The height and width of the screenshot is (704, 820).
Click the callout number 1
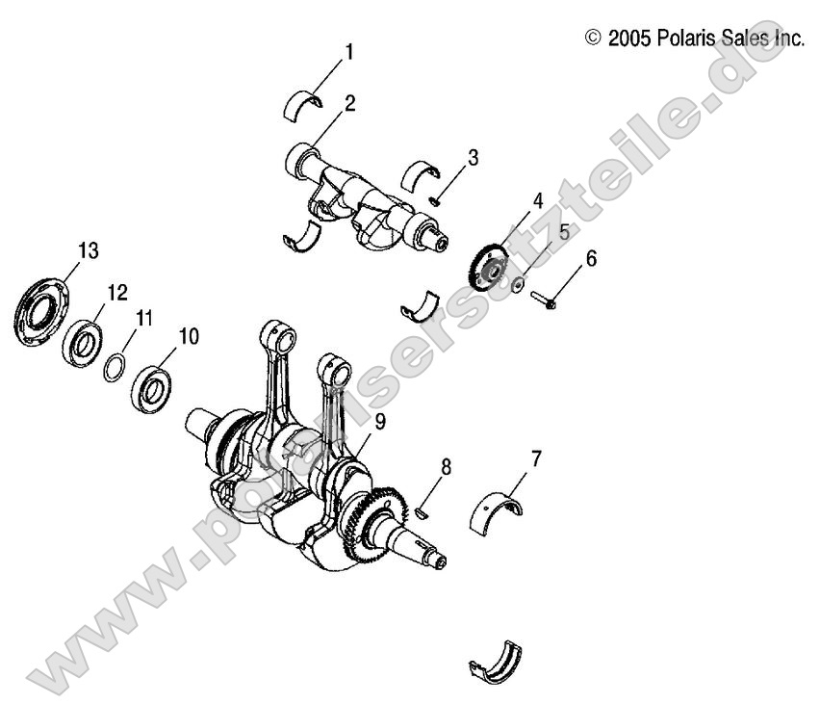pos(349,52)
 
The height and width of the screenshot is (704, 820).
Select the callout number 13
pos(88,251)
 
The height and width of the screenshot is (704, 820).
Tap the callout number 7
pos(535,458)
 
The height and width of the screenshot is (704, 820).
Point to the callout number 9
pos(354,420)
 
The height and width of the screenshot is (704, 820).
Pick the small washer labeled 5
pos(518,284)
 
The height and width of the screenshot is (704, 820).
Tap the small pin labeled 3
pos(436,200)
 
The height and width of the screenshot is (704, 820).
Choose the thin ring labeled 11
pos(114,367)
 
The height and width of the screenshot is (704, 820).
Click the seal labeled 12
pos(83,342)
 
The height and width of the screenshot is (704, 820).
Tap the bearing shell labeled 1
pos(305,103)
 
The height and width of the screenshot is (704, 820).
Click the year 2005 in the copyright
pos(629,39)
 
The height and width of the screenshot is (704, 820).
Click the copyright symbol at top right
pos(593,39)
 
